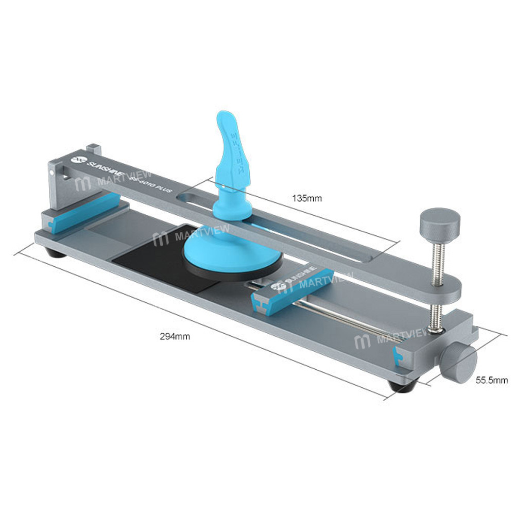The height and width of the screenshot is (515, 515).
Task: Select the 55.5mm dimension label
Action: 491,381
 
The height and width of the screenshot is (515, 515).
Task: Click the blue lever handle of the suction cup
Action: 234,144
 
